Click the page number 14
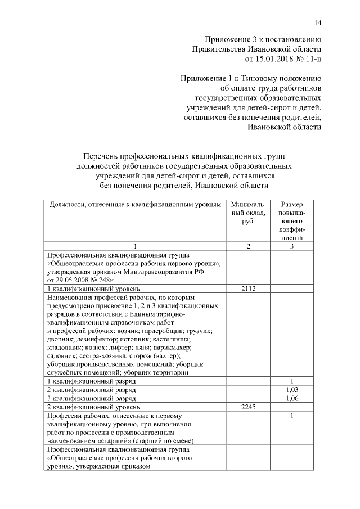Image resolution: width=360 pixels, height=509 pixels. click(318, 22)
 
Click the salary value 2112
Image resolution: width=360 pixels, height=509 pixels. click(247, 289)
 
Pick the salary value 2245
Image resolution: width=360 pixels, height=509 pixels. click(247, 407)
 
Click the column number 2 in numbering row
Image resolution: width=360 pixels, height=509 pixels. click(247, 246)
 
